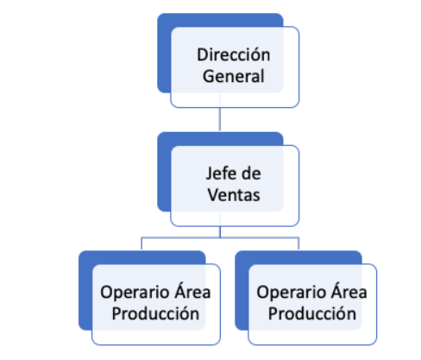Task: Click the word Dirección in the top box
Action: point(234,54)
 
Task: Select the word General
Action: point(234,76)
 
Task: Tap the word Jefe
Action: point(217,174)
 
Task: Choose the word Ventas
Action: point(234,195)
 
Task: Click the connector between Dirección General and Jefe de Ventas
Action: point(220,119)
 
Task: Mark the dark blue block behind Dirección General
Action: point(164,54)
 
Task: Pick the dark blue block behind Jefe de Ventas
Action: point(164,172)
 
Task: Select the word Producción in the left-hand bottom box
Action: point(155,313)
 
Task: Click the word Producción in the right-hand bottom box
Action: point(312,313)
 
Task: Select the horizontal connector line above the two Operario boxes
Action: point(220,237)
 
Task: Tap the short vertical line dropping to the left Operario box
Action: point(141,243)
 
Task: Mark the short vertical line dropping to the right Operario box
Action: point(298,243)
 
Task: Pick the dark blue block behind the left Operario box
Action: point(85,291)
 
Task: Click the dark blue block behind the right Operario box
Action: point(242,291)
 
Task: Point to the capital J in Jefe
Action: point(209,174)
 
